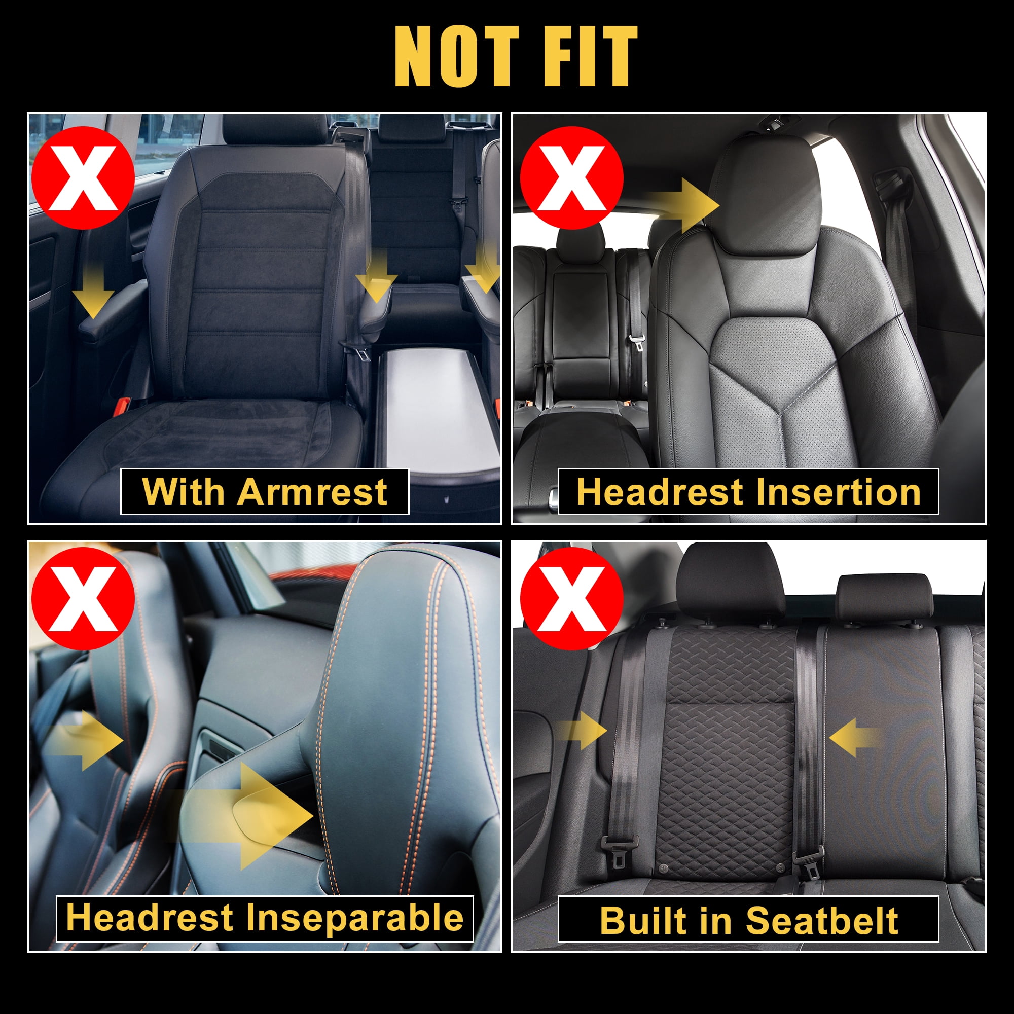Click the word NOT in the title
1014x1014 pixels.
tap(457, 56)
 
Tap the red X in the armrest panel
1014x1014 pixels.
tap(83, 178)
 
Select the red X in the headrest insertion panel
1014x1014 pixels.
tap(571, 178)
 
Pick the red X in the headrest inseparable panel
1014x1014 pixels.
tap(83, 599)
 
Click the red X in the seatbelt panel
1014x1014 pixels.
tap(571, 599)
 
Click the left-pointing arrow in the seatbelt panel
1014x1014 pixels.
tap(854, 737)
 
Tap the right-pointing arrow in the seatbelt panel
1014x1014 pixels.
tap(582, 730)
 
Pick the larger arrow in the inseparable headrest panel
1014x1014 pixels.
tap(247, 816)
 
